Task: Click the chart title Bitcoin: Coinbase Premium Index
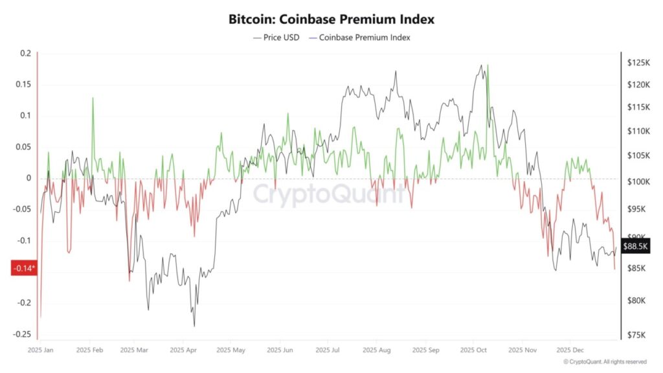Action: pyautogui.click(x=331, y=19)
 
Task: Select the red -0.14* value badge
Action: pyautogui.click(x=24, y=268)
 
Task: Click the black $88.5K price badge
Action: pyautogui.click(x=636, y=247)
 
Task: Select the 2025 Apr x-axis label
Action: pyautogui.click(x=183, y=350)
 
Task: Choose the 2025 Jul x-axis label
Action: pyautogui.click(x=328, y=350)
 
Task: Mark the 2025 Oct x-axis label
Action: pyautogui.click(x=473, y=350)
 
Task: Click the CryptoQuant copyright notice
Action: pyautogui.click(x=605, y=362)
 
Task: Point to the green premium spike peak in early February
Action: pyautogui.click(x=93, y=98)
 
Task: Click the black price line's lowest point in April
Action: pyautogui.click(x=194, y=326)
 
